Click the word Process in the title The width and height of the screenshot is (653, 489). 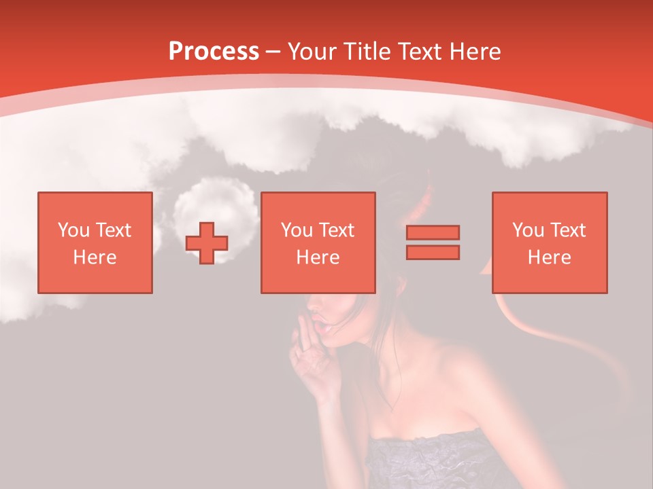point(214,52)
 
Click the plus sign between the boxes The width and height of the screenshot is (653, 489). point(207,242)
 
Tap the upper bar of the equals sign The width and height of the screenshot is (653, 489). point(433,232)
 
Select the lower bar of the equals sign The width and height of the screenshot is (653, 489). point(433,252)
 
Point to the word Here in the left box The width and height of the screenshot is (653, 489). point(95,257)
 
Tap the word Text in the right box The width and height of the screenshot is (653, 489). point(568,230)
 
